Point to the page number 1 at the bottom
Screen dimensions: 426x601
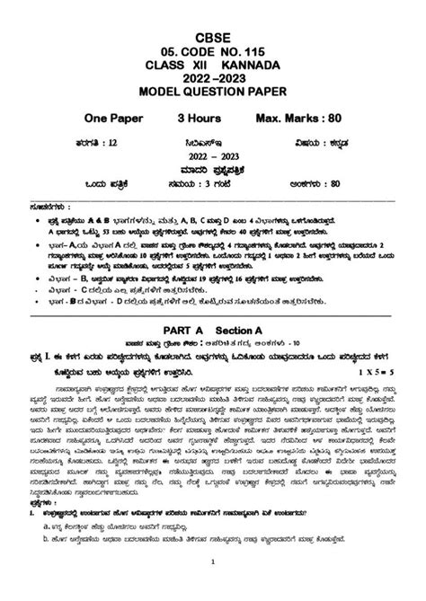(213, 588)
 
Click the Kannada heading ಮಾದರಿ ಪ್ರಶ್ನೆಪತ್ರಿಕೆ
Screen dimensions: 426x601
(213, 166)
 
